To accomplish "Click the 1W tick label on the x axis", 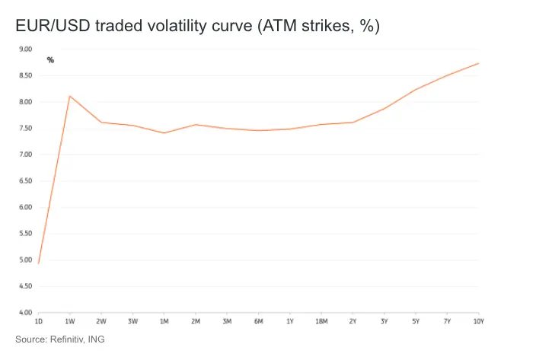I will [69, 322].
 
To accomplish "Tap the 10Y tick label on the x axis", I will [478, 322].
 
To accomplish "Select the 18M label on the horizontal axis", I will [321, 322].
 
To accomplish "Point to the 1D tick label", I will [39, 322].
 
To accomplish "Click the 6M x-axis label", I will [258, 322].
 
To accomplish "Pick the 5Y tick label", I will [415, 322].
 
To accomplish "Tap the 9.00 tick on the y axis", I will [26, 49].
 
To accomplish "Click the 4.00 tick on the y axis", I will [26, 313].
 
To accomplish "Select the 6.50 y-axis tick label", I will [26, 181].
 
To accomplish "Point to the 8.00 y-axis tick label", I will [26, 102].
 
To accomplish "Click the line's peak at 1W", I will [69, 96].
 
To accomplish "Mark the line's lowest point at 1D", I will [38, 263].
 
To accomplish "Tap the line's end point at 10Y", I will [478, 63].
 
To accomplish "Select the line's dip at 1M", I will [164, 133].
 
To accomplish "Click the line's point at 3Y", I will [384, 109].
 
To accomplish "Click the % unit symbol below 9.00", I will [50, 60].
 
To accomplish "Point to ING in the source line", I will [96, 339].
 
